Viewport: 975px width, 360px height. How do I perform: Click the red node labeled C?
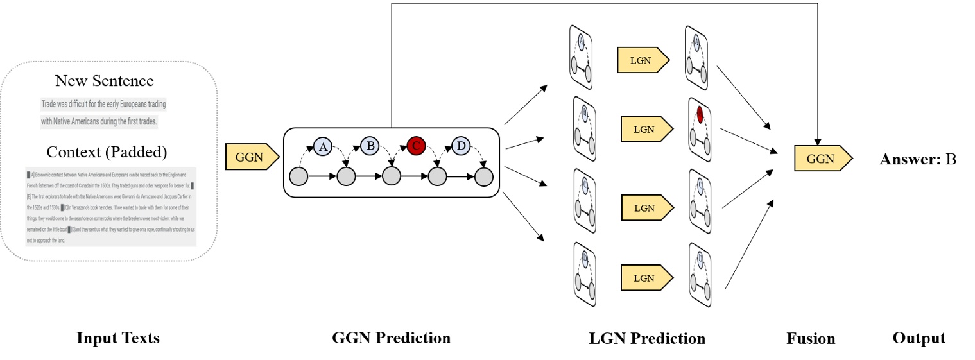click(415, 146)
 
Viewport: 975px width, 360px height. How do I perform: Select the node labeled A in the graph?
click(324, 146)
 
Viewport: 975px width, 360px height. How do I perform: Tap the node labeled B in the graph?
click(370, 146)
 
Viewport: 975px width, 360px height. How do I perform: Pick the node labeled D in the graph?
click(460, 146)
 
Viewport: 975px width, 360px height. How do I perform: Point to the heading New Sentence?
click(104, 81)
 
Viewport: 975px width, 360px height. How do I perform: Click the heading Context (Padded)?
click(106, 152)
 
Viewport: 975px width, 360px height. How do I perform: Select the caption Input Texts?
click(118, 338)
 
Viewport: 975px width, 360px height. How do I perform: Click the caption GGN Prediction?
click(391, 338)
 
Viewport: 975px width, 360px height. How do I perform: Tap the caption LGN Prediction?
click(647, 338)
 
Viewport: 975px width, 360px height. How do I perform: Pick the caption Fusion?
click(811, 338)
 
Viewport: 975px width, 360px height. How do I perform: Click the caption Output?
click(919, 338)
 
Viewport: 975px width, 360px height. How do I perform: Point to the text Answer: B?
click(917, 159)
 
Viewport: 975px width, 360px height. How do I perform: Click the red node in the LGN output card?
click(700, 114)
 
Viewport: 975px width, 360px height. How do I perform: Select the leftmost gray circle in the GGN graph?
click(298, 176)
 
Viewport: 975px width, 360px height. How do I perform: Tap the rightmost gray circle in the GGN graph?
click(483, 176)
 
